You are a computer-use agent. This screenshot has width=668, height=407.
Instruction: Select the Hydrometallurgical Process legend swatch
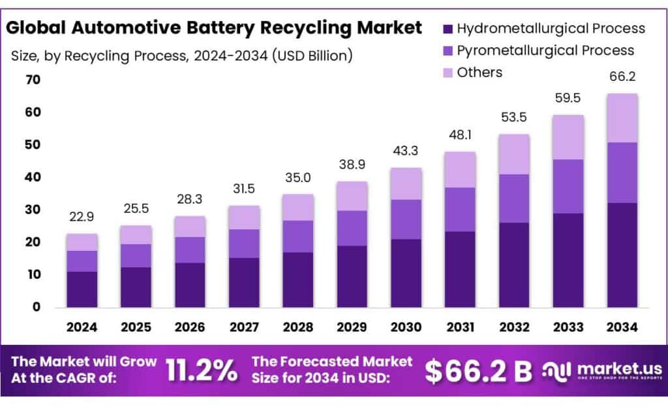point(448,29)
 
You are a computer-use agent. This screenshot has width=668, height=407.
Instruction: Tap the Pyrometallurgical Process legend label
point(545,50)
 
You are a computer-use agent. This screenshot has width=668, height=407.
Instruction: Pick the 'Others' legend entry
point(479,73)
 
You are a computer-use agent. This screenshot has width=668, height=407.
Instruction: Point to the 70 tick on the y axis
point(33,80)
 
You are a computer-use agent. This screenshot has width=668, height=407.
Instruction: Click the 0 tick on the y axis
point(37,307)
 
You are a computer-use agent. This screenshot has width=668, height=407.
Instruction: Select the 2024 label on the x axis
point(82,327)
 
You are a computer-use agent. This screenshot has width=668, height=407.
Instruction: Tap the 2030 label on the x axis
point(406,327)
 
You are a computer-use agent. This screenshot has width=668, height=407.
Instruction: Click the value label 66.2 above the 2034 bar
point(622,77)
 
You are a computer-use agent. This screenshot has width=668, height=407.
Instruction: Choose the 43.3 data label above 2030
point(406,151)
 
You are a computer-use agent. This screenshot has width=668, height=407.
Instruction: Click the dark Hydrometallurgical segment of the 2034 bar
point(622,255)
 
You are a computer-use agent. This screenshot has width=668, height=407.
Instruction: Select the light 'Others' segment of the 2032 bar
point(514,154)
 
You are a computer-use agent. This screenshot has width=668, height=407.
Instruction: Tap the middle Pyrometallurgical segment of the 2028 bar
point(298,236)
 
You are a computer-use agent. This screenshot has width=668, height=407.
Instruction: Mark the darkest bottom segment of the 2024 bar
point(82,289)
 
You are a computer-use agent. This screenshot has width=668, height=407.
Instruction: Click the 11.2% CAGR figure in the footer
point(202,370)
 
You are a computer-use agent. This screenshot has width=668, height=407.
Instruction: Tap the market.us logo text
point(618,369)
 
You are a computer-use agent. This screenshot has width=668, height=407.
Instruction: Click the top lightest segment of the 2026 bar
point(190,227)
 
